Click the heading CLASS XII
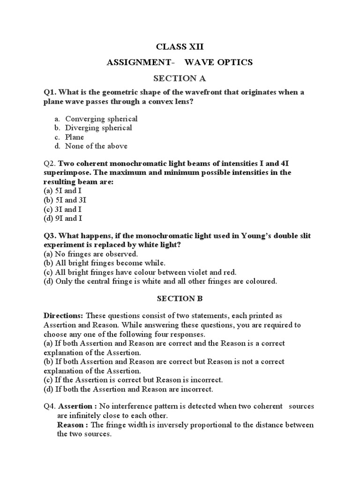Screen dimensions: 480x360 click(x=180, y=47)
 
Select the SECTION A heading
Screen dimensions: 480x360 click(x=180, y=78)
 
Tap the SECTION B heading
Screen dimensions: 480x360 click(x=180, y=298)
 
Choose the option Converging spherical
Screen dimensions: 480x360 click(x=101, y=119)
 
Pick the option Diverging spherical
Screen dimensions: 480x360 click(x=98, y=127)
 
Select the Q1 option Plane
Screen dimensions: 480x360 click(x=75, y=137)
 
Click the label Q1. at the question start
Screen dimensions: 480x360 click(x=50, y=92)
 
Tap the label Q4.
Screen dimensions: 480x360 click(x=50, y=406)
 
